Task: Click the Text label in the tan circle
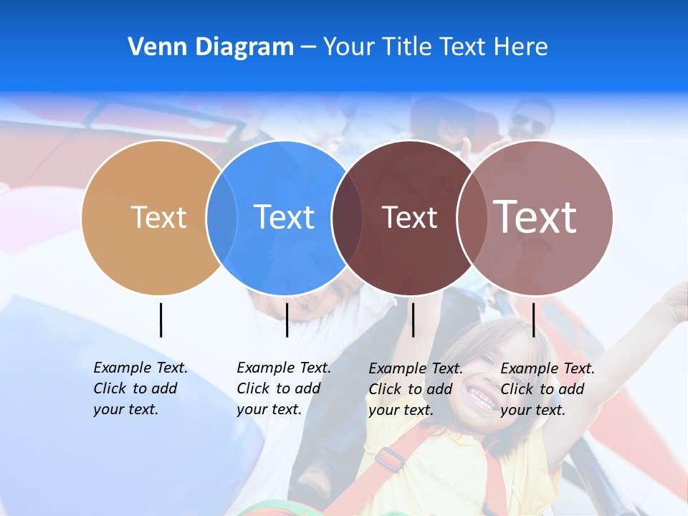158,217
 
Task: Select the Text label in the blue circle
285,217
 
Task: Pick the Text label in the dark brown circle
409,218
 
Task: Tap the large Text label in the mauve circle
535,217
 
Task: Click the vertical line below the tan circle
161,320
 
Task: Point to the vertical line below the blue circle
287,320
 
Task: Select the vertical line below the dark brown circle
413,320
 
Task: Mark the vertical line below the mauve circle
533,320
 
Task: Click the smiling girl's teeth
481,396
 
